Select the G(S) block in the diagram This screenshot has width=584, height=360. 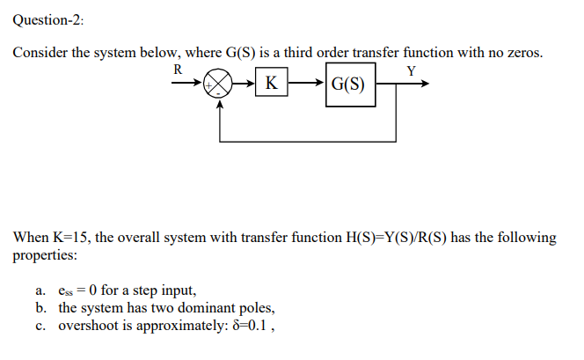pos(351,86)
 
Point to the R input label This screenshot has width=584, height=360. pos(179,69)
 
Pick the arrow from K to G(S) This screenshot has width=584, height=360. pos(306,84)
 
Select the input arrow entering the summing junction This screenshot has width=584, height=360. pos(186,85)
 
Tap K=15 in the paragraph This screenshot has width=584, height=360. pos(75,238)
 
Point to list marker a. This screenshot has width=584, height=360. pos(40,290)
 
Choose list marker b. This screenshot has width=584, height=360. pos(40,308)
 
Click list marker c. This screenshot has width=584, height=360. pos(40,326)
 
